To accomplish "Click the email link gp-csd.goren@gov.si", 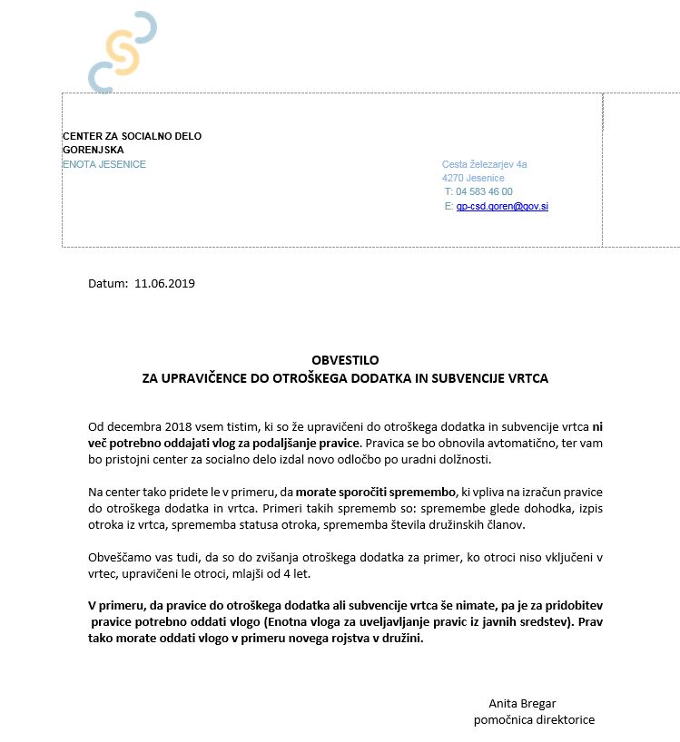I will coord(502,207).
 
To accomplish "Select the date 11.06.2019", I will coord(164,283).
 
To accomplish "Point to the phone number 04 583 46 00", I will coord(484,192).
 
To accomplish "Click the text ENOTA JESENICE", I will coord(104,164).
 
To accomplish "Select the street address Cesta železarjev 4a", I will coord(484,164).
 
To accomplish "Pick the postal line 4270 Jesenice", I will coord(473,179).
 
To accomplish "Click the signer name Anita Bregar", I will coord(522,704).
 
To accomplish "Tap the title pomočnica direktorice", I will coord(534,719).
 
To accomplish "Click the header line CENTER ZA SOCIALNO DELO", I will coord(132,136).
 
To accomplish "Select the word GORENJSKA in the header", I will coord(93,150).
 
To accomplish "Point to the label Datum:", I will coord(108,283).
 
